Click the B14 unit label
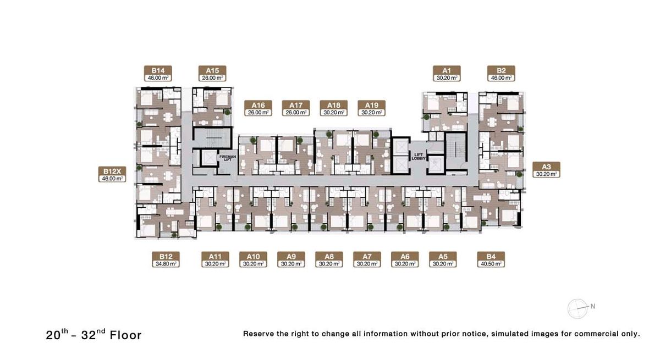pyautogui.click(x=158, y=73)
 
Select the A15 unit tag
pyautogui.click(x=212, y=73)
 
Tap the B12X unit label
pyautogui.click(x=112, y=174)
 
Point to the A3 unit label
pyautogui.click(x=546, y=170)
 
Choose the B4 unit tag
pyautogui.click(x=491, y=259)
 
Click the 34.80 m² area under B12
pyautogui.click(x=166, y=264)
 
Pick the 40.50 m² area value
pyautogui.click(x=491, y=264)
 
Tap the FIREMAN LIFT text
pyautogui.click(x=228, y=158)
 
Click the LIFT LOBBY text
pyautogui.click(x=419, y=157)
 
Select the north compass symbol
pyautogui.click(x=579, y=308)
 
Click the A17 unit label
pyautogui.click(x=296, y=108)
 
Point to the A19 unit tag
pyautogui.click(x=372, y=108)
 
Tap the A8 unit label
pyautogui.click(x=329, y=259)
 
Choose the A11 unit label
pyautogui.click(x=216, y=259)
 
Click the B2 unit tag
pyautogui.click(x=501, y=73)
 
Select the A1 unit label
pyautogui.click(x=447, y=73)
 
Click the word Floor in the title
pyautogui.click(x=126, y=335)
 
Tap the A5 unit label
pyautogui.click(x=443, y=259)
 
